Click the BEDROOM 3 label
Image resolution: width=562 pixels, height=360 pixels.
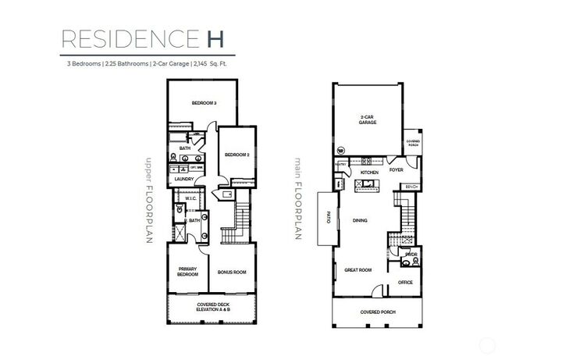[204, 103]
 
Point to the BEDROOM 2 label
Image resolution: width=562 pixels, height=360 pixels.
[237, 155]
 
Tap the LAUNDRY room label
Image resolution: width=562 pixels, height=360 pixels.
[184, 179]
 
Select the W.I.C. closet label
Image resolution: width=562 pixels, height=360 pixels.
[190, 199]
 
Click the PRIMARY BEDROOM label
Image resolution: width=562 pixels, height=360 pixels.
[187, 272]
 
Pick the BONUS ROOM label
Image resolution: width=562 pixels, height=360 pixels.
[232, 272]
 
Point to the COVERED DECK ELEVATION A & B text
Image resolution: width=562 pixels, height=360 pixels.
[212, 308]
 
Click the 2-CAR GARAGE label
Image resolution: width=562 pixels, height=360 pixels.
[368, 120]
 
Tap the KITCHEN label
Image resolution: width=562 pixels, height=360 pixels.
[369, 172]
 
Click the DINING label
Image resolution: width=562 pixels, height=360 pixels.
[360, 221]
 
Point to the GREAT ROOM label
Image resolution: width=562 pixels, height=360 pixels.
[358, 270]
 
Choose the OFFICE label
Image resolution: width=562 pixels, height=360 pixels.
[405, 282]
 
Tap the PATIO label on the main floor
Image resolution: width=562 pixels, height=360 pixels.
[329, 219]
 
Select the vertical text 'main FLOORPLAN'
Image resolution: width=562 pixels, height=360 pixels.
[297, 199]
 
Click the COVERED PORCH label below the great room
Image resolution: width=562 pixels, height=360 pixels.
[378, 312]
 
